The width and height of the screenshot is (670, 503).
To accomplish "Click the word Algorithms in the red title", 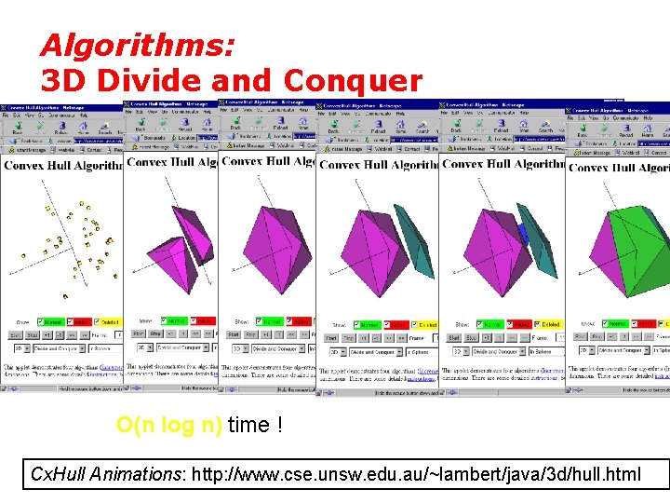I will (x=137, y=46).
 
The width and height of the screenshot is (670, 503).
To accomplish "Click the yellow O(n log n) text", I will (x=168, y=426).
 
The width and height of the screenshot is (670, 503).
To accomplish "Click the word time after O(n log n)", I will (x=248, y=426).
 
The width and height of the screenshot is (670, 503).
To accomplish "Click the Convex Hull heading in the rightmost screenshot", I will (x=619, y=168).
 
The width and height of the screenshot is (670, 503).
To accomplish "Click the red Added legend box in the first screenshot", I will (x=81, y=321).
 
